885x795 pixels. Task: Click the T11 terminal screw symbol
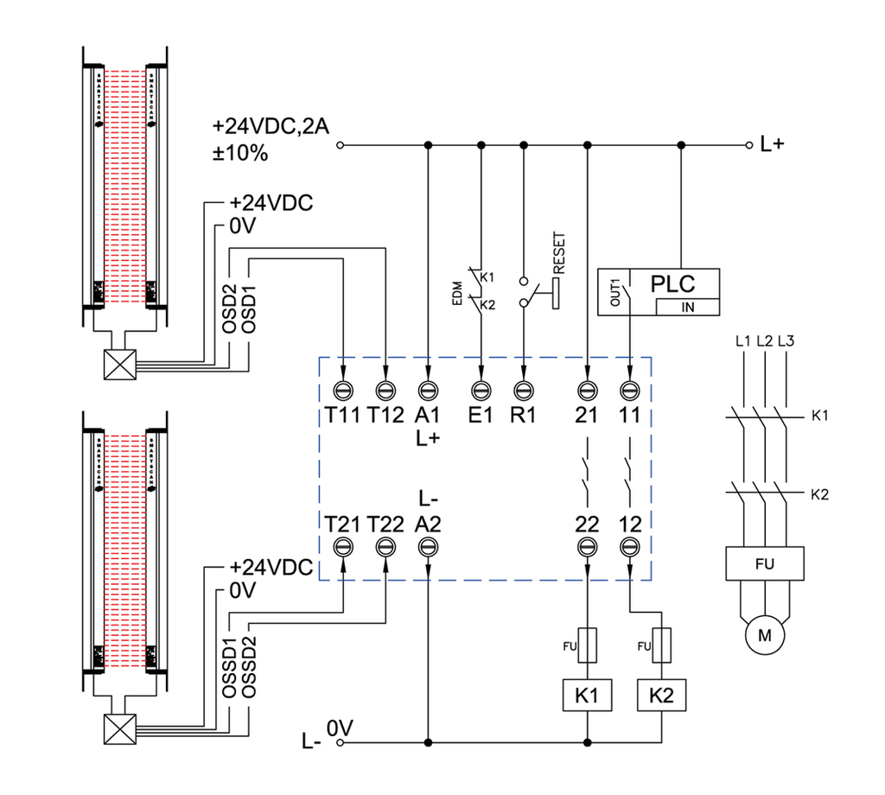344,390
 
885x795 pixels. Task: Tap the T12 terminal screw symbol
385,390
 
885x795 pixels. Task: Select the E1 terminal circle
481,390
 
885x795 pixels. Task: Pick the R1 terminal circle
523,390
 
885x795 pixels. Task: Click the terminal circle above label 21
587,390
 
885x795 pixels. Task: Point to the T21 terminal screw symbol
344,546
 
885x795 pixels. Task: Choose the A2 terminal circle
428,546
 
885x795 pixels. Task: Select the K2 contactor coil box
661,694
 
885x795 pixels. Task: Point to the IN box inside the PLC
688,307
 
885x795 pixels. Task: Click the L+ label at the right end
772,145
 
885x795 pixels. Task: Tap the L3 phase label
785,340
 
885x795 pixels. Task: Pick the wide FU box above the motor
765,565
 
